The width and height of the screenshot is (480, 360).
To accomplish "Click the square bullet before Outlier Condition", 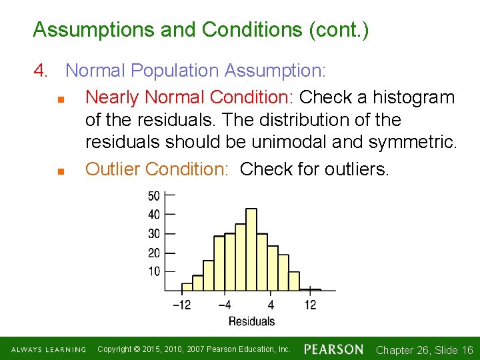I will pos(59,171).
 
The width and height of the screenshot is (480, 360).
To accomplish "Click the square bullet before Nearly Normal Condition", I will pos(59,99).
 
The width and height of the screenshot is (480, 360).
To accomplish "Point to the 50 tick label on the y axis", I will pos(153,196).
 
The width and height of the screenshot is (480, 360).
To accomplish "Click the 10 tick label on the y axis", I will pos(153,271).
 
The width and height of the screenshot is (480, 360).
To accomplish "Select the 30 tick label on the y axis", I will pos(153,234).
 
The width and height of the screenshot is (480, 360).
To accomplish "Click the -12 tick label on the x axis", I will pos(182,305).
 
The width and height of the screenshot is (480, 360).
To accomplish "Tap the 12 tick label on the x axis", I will pos(310,305).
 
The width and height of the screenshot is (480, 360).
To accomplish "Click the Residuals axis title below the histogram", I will pos(251,321).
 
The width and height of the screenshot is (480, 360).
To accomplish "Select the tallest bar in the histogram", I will pos(251,249).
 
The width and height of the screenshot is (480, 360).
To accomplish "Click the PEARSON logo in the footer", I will pos(333,349).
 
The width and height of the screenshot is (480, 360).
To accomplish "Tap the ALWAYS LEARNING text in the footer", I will pos(49,350).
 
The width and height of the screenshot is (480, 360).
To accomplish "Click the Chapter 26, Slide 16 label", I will pos(424,350).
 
